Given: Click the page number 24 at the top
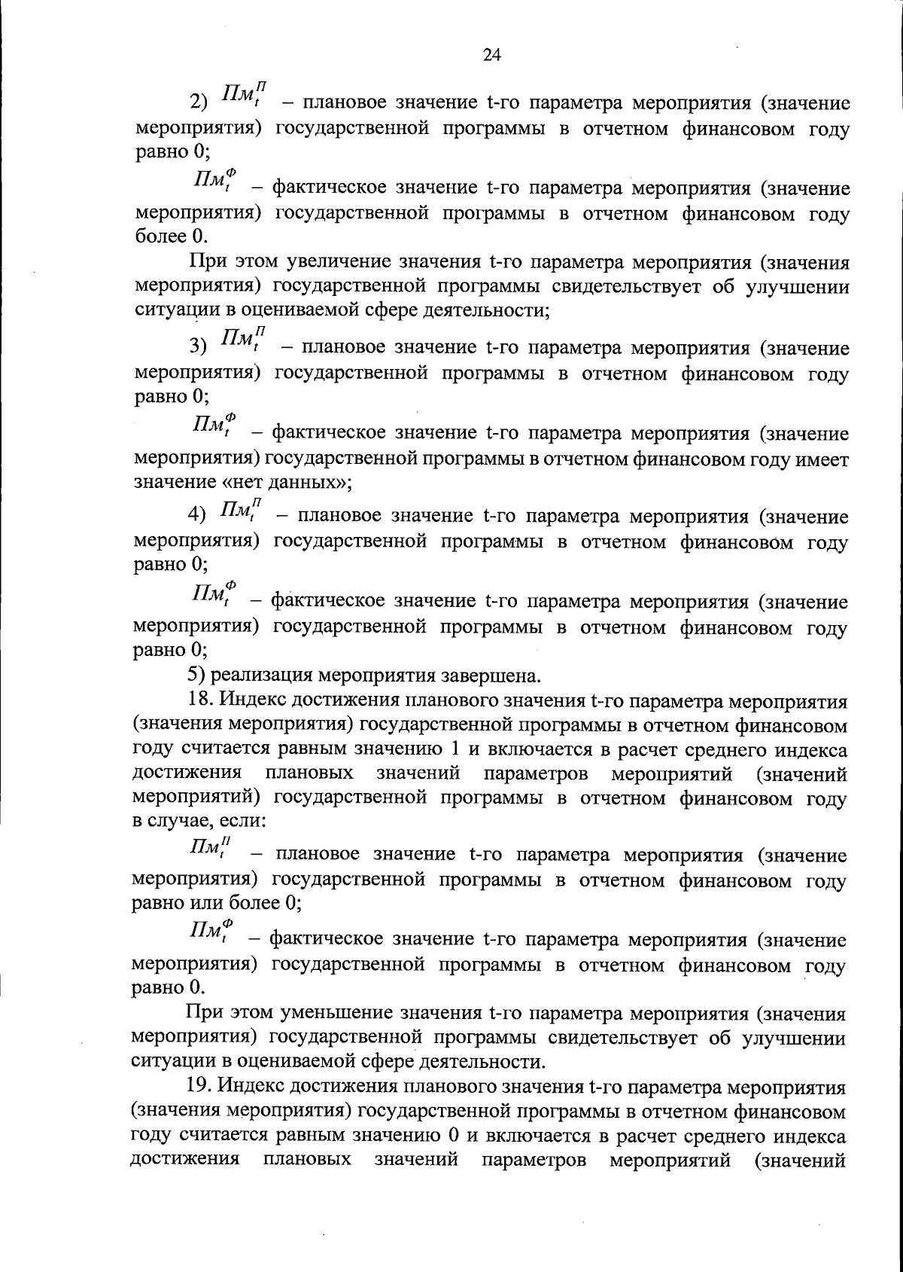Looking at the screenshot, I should (x=491, y=54).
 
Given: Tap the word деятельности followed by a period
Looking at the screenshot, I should (x=485, y=1061).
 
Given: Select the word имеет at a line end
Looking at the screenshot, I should (x=824, y=458).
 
